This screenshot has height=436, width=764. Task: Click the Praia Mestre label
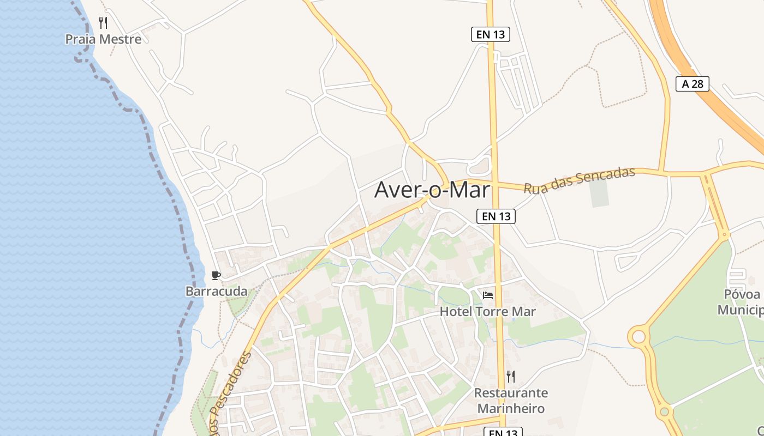tap(103, 39)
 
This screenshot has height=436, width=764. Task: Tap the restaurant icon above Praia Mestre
tap(103, 22)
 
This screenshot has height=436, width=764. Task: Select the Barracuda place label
tap(216, 291)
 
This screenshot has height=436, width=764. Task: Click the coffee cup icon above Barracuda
tap(216, 275)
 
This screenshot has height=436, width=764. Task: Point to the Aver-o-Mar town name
tap(432, 190)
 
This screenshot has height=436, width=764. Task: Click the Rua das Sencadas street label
tap(580, 180)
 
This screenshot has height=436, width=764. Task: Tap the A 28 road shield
tap(692, 84)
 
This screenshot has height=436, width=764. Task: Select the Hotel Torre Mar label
tap(488, 312)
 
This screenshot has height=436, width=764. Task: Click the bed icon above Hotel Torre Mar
tap(488, 295)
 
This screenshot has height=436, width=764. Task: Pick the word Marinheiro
tap(511, 408)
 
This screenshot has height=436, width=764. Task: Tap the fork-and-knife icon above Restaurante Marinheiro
tap(511, 376)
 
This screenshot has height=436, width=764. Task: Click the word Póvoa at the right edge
tap(742, 295)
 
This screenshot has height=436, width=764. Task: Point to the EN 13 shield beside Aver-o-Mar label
tap(496, 216)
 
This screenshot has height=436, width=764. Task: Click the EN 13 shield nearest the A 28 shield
tap(490, 34)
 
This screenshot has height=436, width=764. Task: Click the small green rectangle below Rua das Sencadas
tap(599, 193)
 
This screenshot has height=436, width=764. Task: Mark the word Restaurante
tap(511, 393)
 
